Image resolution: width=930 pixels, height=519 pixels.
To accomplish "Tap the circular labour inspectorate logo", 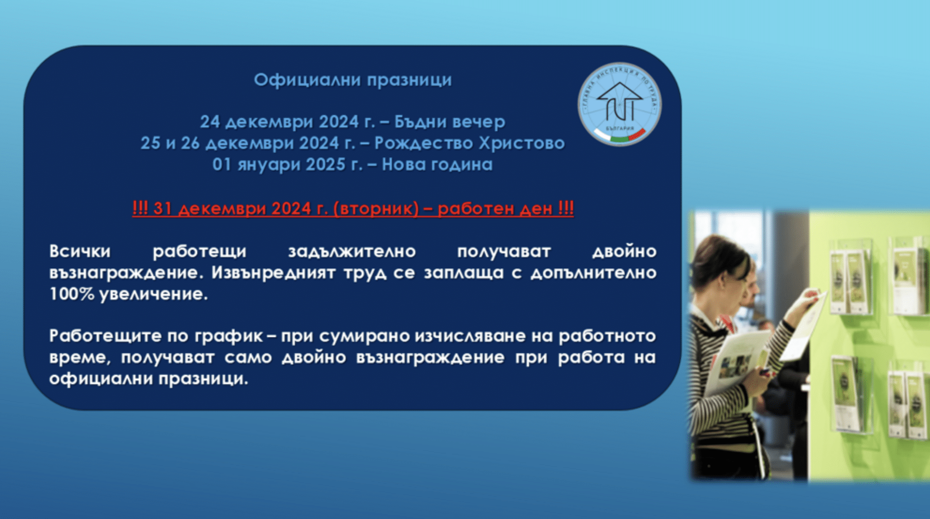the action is coord(619,104).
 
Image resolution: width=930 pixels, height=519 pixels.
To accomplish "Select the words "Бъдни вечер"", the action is coord(449,121).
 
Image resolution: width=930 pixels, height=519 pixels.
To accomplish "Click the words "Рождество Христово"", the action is coord(469,143).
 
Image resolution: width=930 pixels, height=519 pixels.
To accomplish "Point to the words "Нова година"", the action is coord(437,164).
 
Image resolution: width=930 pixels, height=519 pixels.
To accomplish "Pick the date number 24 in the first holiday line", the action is coord(210,121).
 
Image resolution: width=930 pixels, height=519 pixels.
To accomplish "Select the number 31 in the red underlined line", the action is coord(163,208).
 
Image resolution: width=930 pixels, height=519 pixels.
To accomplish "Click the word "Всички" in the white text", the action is coord(80,251).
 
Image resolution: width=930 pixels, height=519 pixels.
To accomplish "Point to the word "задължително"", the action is coord(352,251).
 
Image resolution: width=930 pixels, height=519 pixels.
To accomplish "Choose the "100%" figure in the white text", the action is coord(72,294).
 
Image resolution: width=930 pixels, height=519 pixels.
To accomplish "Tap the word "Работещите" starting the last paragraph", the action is coord(106,336).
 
